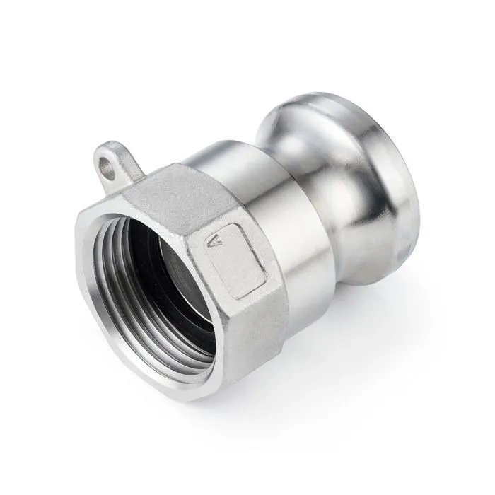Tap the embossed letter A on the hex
(216, 241)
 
